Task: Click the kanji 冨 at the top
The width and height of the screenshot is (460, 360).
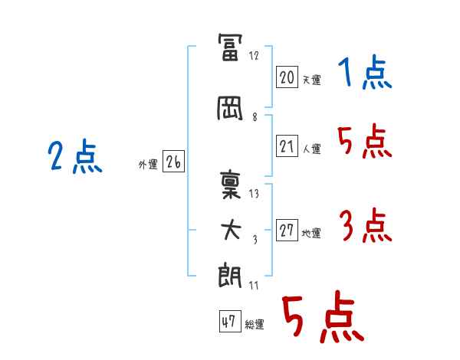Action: pos(230,47)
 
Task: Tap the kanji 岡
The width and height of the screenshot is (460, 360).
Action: pos(230,109)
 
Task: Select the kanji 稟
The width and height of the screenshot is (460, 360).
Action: pos(231,185)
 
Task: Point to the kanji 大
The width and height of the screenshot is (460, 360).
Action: pos(231,230)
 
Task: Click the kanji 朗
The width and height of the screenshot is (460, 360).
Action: pos(230,275)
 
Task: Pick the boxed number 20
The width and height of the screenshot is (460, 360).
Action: pos(287,77)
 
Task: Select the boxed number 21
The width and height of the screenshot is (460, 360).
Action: pos(287,146)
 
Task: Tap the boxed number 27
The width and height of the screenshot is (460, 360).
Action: pos(287,230)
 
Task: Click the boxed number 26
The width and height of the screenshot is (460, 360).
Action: pos(173,162)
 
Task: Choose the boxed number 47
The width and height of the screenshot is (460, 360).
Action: pos(230,321)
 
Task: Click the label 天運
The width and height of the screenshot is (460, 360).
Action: pos(312,80)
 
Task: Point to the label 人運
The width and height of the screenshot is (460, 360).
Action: pos(312,149)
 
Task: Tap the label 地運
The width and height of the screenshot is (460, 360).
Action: pos(311,234)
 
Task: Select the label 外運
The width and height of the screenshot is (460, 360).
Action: pos(148,165)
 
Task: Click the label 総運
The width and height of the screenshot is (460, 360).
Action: pos(255,324)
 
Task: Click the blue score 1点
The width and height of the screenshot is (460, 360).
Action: pos(365,72)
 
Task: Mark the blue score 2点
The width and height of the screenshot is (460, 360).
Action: pos(75,156)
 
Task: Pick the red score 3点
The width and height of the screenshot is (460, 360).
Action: pos(366,225)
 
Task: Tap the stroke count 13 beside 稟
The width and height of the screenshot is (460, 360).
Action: pos(254,194)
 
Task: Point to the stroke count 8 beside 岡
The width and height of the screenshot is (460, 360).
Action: pos(255,117)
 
